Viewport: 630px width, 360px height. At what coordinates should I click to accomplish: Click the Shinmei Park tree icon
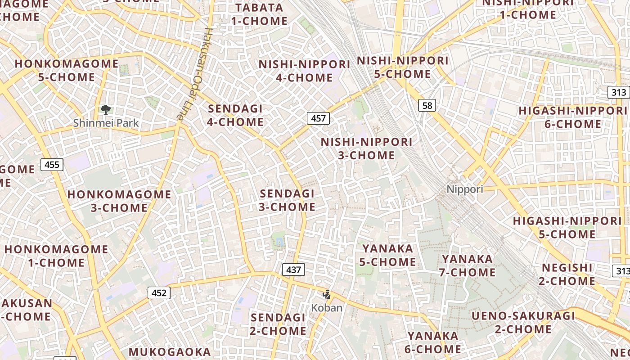click(106, 109)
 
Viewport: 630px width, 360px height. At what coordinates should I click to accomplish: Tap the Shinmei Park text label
click(106, 123)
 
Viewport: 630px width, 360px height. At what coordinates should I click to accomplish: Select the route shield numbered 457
click(318, 118)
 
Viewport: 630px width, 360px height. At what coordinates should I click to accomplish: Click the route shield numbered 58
click(427, 105)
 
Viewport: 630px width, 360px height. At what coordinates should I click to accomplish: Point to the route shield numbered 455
click(52, 165)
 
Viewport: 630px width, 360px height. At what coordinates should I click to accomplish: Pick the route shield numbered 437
click(293, 270)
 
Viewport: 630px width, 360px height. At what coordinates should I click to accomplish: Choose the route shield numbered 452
click(159, 293)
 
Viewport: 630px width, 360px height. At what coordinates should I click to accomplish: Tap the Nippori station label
click(465, 189)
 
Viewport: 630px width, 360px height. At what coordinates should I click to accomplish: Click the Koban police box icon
click(327, 295)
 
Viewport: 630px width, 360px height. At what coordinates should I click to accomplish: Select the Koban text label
click(327, 308)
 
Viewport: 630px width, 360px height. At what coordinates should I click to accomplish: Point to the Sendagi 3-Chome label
click(288, 200)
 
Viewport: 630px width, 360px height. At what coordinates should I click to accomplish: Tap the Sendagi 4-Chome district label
click(235, 115)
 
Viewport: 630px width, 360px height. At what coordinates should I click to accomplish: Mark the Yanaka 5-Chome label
click(387, 255)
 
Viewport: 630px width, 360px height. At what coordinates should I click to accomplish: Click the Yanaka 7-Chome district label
click(468, 265)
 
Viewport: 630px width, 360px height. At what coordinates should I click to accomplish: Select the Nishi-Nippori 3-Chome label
click(366, 148)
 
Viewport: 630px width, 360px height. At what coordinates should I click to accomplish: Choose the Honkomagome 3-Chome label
click(119, 201)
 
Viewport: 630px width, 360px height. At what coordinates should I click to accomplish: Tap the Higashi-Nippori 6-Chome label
click(573, 117)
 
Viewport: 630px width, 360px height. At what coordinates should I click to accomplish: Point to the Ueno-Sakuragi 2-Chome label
click(523, 322)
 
